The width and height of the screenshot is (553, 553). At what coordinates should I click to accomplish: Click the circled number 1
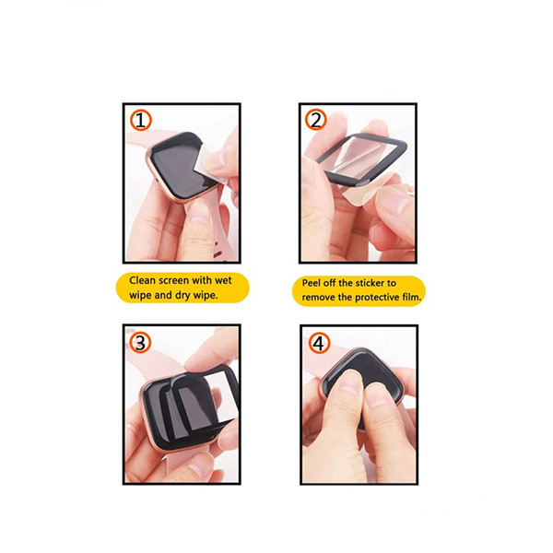point(141,120)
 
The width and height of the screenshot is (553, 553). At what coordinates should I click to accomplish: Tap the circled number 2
point(316,120)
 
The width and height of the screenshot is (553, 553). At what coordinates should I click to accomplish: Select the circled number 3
point(140,343)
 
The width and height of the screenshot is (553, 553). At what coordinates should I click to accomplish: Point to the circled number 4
point(320,343)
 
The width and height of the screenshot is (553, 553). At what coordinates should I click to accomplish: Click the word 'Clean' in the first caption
point(142,280)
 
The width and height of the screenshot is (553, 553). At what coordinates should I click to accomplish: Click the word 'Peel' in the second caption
point(312,283)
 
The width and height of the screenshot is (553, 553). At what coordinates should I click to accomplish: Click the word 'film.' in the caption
point(411,298)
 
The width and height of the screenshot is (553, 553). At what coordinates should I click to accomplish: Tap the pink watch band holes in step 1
point(222,251)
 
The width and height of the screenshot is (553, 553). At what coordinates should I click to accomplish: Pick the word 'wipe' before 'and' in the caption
point(138,296)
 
